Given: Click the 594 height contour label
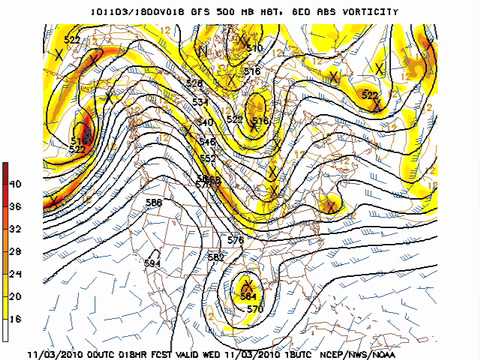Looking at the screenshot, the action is [152, 263].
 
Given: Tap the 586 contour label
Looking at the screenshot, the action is [154, 203].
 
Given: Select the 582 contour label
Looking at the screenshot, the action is [215, 257].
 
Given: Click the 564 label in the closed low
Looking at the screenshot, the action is [249, 296].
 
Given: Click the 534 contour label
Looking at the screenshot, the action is [200, 102].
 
